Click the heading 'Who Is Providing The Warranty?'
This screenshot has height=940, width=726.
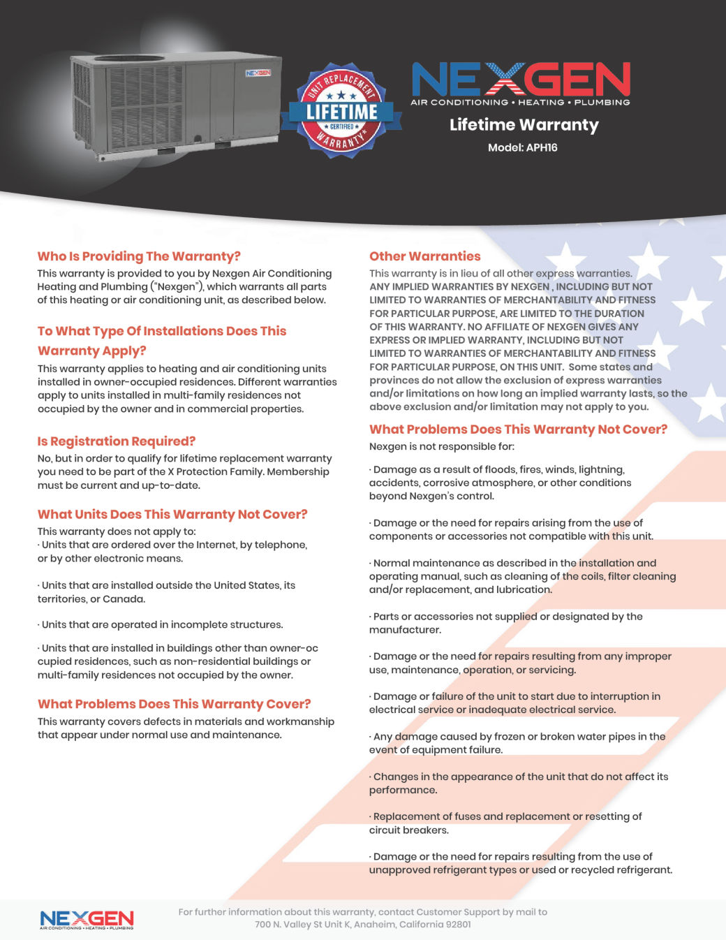tap(139, 256)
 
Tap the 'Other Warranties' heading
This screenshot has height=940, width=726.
tap(424, 256)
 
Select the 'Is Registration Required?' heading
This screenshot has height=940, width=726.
tap(117, 441)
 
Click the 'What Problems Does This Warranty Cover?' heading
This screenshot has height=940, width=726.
tap(174, 704)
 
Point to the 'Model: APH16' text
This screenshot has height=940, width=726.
tap(522, 147)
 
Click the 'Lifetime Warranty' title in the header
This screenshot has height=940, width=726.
tap(524, 125)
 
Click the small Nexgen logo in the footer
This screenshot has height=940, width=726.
tap(87, 919)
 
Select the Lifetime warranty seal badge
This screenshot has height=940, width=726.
tap(341, 110)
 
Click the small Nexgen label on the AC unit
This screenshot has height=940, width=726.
tap(258, 73)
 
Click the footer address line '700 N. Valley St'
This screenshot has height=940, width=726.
tap(362, 925)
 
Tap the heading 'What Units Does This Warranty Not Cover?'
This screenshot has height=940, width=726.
tap(172, 515)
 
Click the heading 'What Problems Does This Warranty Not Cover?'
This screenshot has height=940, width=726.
tap(518, 429)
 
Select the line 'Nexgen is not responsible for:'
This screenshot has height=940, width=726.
tap(441, 447)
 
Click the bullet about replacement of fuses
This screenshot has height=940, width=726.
tap(505, 823)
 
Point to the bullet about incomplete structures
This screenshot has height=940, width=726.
tap(161, 625)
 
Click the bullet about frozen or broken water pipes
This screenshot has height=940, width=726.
tap(517, 743)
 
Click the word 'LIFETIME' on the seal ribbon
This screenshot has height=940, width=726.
tap(341, 112)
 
